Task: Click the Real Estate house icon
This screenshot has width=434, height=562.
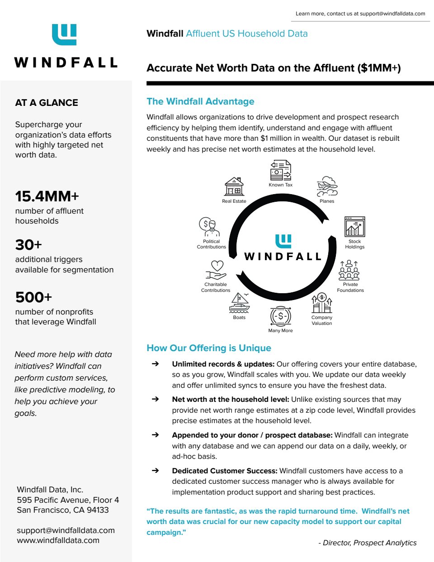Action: [234, 186]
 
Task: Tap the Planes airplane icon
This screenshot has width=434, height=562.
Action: [327, 186]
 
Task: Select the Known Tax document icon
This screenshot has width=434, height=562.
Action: [280, 170]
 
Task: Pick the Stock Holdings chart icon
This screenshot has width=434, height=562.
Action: [354, 227]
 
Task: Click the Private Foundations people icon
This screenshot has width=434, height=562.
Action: [349, 270]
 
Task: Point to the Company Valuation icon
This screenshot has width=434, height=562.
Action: [321, 303]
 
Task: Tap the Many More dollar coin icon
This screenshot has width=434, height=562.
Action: [280, 316]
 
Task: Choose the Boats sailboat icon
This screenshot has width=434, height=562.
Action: [239, 303]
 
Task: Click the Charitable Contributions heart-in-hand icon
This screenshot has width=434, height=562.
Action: [216, 270]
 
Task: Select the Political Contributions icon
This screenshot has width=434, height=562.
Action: [209, 227]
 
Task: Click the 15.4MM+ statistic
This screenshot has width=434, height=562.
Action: [47, 196]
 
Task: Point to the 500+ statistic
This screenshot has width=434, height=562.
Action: [34, 297]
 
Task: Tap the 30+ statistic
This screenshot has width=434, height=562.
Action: [28, 245]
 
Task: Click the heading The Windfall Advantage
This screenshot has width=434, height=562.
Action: [200, 101]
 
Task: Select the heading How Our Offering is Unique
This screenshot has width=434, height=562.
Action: [209, 348]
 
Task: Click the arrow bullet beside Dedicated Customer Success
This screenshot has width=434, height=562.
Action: [155, 471]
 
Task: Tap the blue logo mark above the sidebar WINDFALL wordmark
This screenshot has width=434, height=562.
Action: [64, 35]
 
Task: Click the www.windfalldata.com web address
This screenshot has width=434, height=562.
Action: [58, 540]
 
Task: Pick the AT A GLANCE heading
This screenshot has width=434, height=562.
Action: [47, 103]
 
